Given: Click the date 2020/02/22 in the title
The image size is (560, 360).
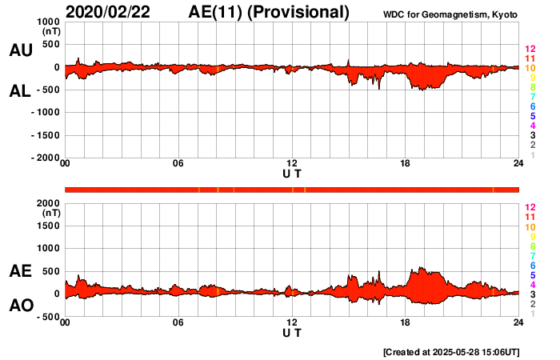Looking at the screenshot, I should [x=113, y=12].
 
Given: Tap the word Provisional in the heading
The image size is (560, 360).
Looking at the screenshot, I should [x=299, y=12].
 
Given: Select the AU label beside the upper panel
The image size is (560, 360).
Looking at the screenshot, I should [x=20, y=50].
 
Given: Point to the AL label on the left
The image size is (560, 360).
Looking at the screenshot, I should [x=20, y=91].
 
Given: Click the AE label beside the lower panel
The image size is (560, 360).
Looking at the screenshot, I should [x=20, y=271].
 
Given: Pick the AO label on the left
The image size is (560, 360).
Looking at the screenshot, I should [x=20, y=306].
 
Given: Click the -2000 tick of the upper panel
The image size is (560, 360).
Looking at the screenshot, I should [x=45, y=158].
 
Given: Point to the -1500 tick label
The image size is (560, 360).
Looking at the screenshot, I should [x=45, y=135].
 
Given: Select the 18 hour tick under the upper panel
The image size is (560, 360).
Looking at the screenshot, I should [x=405, y=164].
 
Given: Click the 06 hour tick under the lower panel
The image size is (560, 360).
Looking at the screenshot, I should [x=178, y=322].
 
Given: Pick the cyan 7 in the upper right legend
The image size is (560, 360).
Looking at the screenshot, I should [x=532, y=97].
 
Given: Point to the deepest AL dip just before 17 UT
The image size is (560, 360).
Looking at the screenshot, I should [x=380, y=89].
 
